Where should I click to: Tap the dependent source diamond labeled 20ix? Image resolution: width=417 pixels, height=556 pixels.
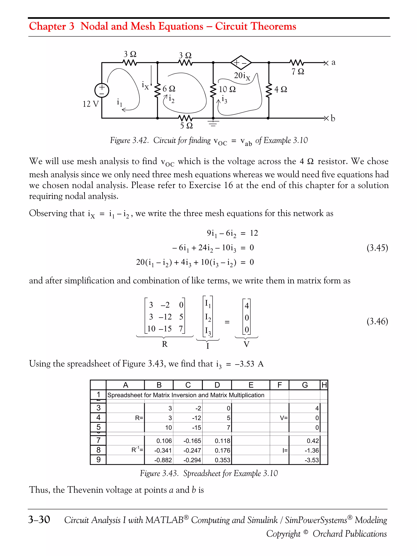point(241,63)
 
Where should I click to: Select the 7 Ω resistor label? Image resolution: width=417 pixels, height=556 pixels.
point(298,72)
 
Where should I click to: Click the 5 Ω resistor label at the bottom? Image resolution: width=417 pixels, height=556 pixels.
point(186,125)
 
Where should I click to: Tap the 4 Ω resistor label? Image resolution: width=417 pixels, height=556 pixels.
point(281,89)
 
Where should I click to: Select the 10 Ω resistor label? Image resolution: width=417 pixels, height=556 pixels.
point(227,89)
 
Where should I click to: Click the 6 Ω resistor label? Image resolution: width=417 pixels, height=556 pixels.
point(169,89)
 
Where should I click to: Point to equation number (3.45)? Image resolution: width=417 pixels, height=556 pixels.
point(377,248)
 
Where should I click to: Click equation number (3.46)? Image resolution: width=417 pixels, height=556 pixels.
point(377,321)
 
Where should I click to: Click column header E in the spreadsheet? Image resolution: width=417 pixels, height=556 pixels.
point(251,385)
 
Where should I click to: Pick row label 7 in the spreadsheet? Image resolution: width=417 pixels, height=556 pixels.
point(98,440)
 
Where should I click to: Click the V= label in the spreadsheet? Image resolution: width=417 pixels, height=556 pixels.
point(284,418)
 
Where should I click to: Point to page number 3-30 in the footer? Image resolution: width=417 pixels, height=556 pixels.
point(39,520)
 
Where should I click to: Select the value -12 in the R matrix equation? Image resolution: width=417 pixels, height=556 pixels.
point(165,317)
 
